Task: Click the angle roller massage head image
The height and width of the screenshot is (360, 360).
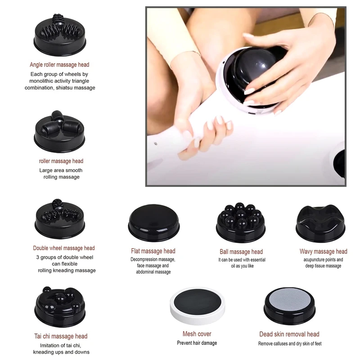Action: [60, 35]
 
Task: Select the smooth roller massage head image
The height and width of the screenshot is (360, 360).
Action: [59, 131]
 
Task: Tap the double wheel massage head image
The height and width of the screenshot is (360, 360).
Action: [60, 219]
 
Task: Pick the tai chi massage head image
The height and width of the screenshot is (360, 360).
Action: [60, 307]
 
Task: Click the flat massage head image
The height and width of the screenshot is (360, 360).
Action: [154, 223]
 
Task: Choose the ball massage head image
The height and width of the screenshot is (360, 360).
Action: [241, 222]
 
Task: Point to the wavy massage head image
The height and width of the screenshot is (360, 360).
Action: [320, 223]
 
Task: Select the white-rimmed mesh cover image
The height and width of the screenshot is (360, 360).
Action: [198, 306]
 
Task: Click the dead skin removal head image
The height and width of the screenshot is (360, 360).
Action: [289, 306]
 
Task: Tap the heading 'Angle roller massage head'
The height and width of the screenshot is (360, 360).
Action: [59, 65]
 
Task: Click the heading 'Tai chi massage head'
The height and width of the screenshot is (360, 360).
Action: [61, 336]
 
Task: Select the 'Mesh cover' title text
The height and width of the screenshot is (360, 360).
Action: [197, 334]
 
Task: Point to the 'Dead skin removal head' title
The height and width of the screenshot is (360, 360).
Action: [289, 334]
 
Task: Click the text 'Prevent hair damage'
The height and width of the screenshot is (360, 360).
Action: [197, 343]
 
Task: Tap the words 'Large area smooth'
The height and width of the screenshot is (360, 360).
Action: [61, 171]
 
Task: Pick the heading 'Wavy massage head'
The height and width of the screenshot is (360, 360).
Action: [323, 252]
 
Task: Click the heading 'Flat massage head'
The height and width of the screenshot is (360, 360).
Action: [153, 251]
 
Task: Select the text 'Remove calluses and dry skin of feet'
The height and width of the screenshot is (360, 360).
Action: [290, 344]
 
